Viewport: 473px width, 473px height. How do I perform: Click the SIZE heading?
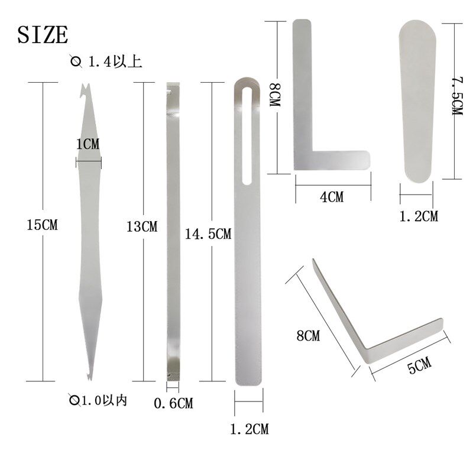[43, 35]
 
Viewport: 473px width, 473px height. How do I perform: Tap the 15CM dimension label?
[42, 225]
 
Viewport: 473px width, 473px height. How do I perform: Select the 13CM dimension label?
[142, 226]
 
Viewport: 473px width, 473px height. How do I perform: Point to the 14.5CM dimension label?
[208, 234]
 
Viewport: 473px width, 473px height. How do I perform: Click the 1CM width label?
[88, 144]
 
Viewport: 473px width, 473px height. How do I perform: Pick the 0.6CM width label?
[173, 403]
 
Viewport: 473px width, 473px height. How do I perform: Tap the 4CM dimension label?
[332, 197]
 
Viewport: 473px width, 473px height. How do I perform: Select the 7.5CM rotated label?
[457, 96]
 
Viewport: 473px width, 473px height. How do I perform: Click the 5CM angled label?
[419, 365]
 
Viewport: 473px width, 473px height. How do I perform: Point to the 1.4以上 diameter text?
[115, 62]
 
